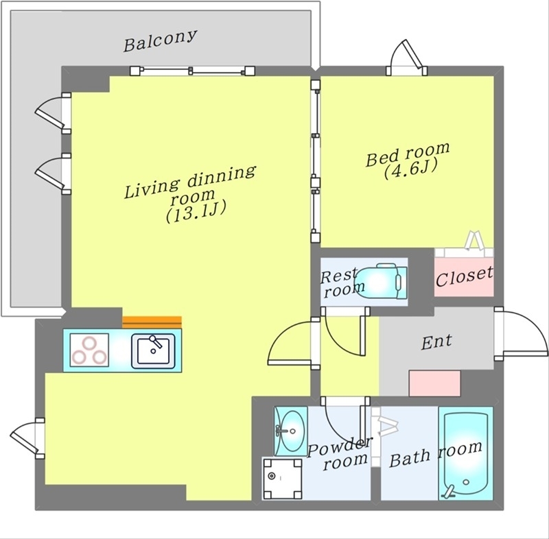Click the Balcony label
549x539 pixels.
click(x=160, y=41)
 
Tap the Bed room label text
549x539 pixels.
click(x=408, y=153)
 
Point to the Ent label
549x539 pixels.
click(x=436, y=342)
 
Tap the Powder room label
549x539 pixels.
click(x=339, y=455)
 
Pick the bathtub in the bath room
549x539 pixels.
click(x=466, y=453)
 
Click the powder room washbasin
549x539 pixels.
click(x=290, y=431)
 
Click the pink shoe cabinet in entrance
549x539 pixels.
click(x=434, y=383)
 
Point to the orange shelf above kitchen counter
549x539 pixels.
click(x=152, y=321)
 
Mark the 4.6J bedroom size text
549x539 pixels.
click(x=411, y=168)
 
